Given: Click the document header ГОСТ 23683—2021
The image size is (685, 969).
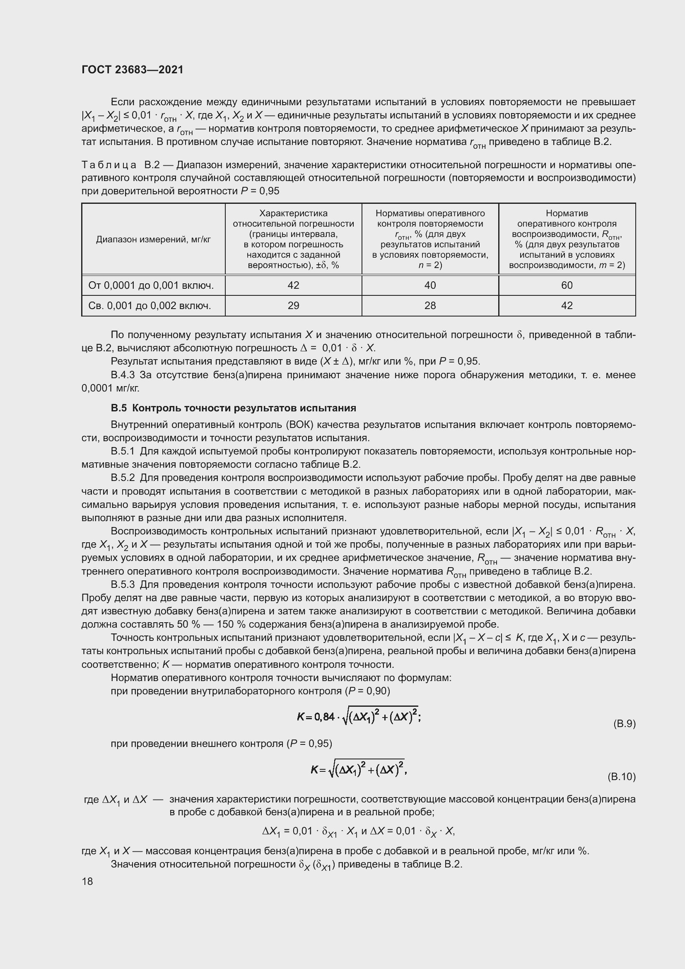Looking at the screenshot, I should [133, 70].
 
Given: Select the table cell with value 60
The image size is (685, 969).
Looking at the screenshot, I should [567, 285].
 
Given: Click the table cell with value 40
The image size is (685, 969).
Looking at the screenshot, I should [430, 285].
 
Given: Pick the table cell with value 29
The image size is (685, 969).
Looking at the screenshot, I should [293, 306].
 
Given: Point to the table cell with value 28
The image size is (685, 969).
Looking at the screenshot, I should [430, 306].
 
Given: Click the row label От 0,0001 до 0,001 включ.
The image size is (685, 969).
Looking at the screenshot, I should [151, 286].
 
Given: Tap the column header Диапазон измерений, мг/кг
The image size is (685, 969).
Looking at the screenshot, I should [153, 240].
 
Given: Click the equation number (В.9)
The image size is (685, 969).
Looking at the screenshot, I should [624, 724].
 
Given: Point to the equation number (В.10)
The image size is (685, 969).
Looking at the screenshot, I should [621, 776].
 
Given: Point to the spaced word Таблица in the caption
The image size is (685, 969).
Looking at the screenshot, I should [109, 164].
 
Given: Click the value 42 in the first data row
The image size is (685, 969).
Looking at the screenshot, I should [293, 285].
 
